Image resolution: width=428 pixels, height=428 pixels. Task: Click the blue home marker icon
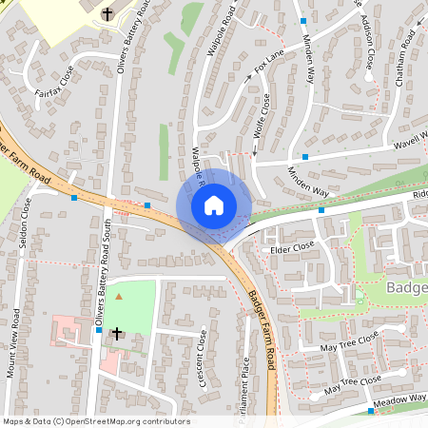214,204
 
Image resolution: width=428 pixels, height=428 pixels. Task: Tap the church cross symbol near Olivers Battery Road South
118,334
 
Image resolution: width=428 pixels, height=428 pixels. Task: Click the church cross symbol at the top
107,14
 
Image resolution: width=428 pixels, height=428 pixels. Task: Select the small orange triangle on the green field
119,297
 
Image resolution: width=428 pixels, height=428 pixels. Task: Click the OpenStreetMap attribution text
95,421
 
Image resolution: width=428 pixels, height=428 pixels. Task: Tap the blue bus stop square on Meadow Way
371,412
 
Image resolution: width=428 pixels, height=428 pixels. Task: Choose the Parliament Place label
245,390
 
